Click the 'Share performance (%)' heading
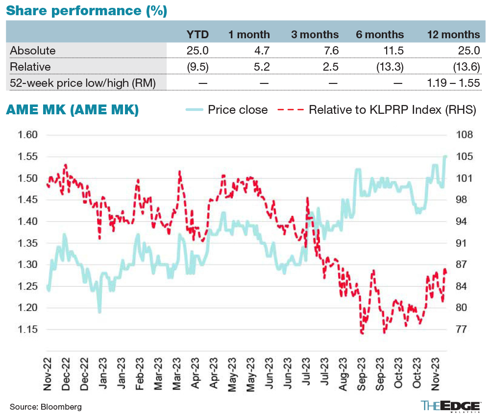click(87, 10)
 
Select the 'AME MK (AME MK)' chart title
click(72, 110)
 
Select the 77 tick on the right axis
click(464, 329)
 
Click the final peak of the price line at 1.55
click(446, 156)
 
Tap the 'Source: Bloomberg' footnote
click(46, 407)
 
